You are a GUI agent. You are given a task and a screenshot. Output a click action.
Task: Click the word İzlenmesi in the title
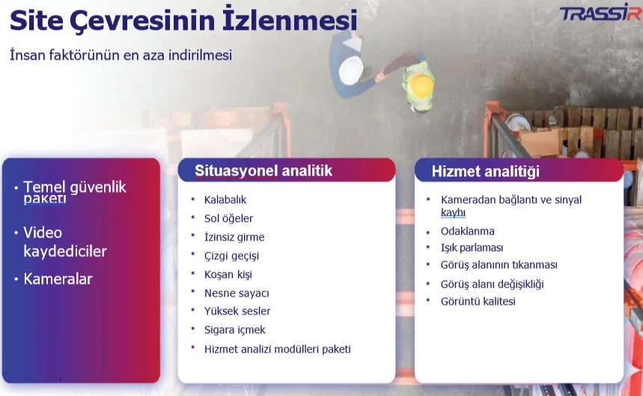point(290,20)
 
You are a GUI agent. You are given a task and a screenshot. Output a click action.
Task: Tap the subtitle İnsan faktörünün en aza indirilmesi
point(121,55)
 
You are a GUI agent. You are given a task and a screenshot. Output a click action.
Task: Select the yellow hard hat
point(421,84)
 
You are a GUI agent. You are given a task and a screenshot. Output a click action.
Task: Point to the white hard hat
point(351,70)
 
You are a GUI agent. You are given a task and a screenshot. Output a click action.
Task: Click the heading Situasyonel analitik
point(263,171)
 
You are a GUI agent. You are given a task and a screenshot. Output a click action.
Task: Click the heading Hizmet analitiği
point(486,172)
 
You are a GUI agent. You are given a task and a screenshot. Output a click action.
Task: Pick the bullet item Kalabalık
point(225,199)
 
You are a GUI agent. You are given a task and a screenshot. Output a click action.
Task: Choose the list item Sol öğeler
point(228,218)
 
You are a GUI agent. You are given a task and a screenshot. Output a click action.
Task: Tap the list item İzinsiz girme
point(234,237)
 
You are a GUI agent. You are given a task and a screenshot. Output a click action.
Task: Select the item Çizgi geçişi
point(232,256)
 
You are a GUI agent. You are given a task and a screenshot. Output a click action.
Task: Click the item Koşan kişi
point(228,274)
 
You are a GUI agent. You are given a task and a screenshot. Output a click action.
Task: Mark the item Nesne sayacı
point(237,293)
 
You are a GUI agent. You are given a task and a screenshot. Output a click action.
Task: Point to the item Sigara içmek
point(234,330)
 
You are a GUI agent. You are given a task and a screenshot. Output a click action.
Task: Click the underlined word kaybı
point(453,212)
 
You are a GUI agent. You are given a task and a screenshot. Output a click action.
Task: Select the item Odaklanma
point(468,232)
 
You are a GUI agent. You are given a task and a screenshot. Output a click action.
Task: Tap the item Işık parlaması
point(472,248)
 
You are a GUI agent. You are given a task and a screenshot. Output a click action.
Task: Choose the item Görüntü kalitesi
point(478,301)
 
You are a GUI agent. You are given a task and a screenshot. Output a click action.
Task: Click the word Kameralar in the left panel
point(58,279)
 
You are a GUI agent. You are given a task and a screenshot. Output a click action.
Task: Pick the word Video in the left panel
point(43,232)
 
